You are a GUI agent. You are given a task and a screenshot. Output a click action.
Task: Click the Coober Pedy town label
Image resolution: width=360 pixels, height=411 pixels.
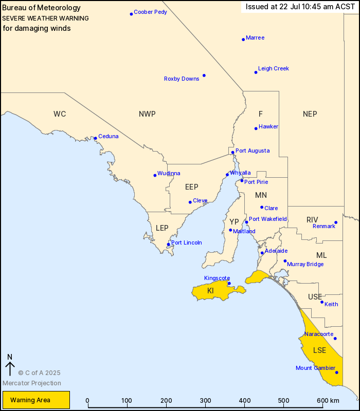click(150, 12)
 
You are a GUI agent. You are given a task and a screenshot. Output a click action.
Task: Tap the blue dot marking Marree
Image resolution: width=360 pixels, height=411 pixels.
click(243, 39)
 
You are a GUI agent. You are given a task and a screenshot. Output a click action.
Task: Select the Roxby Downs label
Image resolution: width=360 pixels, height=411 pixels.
click(182, 79)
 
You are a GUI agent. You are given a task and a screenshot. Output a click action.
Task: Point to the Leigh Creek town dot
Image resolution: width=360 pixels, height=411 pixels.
click(256, 72)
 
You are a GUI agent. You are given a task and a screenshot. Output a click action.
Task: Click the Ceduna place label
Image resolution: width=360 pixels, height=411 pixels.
click(108, 136)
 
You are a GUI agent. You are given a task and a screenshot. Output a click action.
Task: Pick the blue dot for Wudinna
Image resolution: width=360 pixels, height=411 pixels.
click(155, 175)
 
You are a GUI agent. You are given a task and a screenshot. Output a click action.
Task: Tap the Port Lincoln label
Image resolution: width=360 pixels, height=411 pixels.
click(186, 242)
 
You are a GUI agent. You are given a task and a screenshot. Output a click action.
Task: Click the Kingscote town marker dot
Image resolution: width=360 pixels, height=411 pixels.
click(229, 283)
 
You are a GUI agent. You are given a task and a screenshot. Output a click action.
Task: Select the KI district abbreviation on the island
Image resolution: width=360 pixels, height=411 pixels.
click(210, 291)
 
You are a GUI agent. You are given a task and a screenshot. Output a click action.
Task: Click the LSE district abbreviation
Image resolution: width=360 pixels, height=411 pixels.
click(319, 350)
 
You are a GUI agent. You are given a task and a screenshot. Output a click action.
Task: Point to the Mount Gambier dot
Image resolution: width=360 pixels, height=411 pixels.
click(337, 372)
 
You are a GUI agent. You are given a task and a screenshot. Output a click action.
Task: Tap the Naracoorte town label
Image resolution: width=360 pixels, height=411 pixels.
click(318, 334)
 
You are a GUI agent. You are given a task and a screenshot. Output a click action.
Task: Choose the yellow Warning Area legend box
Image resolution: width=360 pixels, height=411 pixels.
click(36, 400)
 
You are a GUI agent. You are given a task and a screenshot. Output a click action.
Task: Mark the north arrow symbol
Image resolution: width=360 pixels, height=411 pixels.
click(10, 365)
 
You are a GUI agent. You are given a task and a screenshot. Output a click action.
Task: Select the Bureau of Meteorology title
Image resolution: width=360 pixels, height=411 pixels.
click(41, 8)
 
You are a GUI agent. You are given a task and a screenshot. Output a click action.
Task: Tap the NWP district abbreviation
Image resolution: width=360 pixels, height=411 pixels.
click(147, 114)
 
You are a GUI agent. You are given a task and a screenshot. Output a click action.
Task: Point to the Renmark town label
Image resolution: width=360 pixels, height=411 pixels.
click(324, 226)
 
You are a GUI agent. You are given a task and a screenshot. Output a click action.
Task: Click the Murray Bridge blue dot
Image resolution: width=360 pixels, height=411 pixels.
click(285, 261)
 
